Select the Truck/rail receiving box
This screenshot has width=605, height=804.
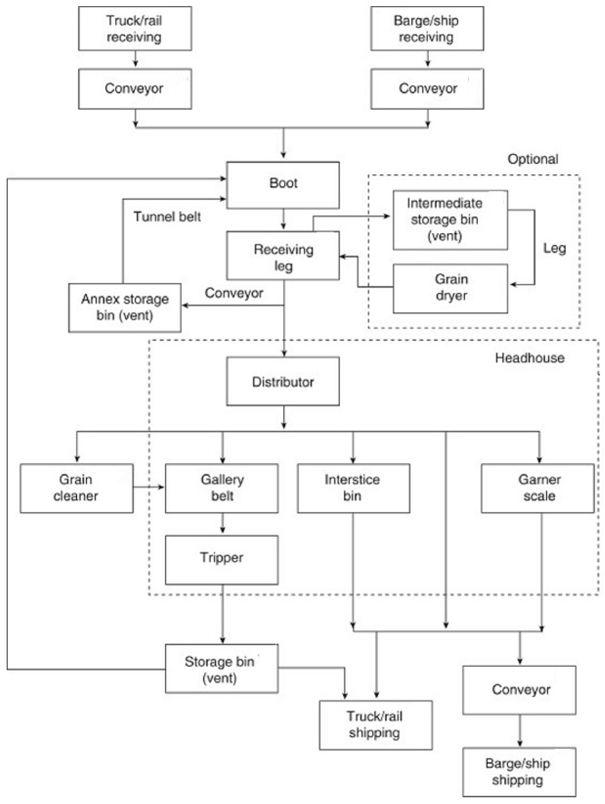[x=135, y=28]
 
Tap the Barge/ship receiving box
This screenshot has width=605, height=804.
[x=427, y=28]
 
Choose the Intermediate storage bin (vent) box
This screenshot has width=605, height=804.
[x=450, y=220]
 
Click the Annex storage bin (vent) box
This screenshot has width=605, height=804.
[x=125, y=307]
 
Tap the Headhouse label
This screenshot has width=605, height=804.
[x=529, y=358]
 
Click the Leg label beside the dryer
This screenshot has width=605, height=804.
[x=554, y=249]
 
